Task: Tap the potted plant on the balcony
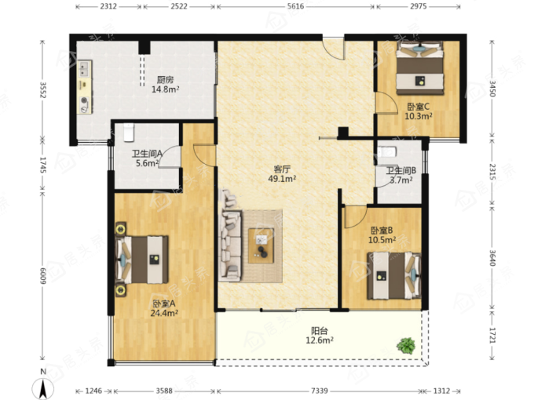point(406,346)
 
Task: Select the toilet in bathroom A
point(129,133)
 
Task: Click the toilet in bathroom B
point(388,151)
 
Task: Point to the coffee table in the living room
point(261,245)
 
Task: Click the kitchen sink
point(85,69)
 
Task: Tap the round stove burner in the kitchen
point(84,100)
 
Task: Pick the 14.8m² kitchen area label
point(165,89)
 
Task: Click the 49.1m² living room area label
point(282,179)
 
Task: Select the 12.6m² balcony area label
point(320,340)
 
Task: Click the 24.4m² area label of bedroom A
point(164,313)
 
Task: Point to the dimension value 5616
point(295,6)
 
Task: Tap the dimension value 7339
point(319,391)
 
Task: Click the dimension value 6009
point(43,276)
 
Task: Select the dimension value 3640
point(492,258)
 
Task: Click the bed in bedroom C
point(420,68)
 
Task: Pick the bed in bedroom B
point(394,275)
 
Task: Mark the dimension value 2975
point(419,6)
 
